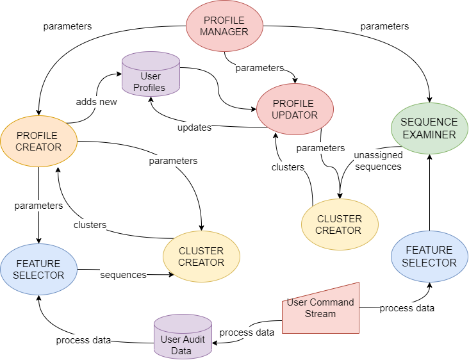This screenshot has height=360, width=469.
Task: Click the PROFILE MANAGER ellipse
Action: pyautogui.click(x=224, y=26)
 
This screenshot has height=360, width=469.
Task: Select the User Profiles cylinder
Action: pyautogui.click(x=150, y=76)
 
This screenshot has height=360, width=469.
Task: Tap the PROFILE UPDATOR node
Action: pyautogui.click(x=295, y=110)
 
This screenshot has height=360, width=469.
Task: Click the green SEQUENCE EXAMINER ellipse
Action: pyautogui.click(x=429, y=128)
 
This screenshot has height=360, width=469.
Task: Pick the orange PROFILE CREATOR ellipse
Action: pyautogui.click(x=38, y=141)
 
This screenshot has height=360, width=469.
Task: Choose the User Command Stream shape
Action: pyautogui.click(x=320, y=307)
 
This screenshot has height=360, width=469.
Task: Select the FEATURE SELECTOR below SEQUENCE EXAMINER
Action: pyautogui.click(x=429, y=256)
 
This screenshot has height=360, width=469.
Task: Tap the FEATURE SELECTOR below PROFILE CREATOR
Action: pyautogui.click(x=38, y=269)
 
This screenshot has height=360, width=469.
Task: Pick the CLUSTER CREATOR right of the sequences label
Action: pyautogui.click(x=201, y=256)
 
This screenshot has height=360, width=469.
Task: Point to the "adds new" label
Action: pyautogui.click(x=96, y=102)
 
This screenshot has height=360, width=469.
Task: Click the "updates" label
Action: pyautogui.click(x=194, y=127)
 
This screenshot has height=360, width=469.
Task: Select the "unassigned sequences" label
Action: pyautogui.click(x=378, y=161)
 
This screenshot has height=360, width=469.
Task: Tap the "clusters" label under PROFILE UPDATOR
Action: pyautogui.click(x=288, y=167)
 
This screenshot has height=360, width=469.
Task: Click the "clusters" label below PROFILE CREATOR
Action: pyautogui.click(x=90, y=225)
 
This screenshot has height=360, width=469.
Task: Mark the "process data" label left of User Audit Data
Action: pyautogui.click(x=83, y=340)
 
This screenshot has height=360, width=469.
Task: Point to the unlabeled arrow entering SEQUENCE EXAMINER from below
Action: pyautogui.click(x=429, y=192)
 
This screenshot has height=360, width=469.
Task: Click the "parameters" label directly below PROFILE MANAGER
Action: pyautogui.click(x=259, y=68)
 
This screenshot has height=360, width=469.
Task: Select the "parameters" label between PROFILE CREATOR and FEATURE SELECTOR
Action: pyautogui.click(x=38, y=206)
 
